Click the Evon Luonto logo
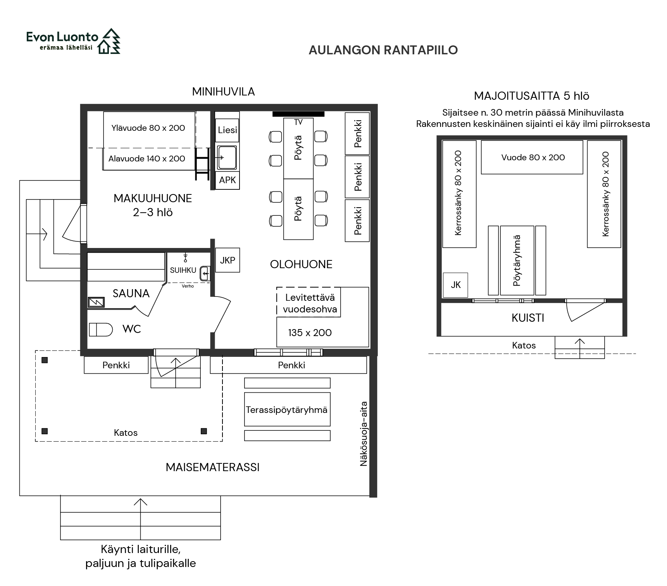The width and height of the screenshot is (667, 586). (x=73, y=41)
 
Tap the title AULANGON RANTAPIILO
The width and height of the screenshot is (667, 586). (x=383, y=50)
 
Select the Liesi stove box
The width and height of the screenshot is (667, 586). (x=227, y=130)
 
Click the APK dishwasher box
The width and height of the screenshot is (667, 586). (x=227, y=180)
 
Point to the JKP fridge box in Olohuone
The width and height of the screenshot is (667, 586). (x=227, y=260)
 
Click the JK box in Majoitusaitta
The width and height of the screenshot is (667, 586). (x=455, y=285)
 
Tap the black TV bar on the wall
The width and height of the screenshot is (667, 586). (x=298, y=114)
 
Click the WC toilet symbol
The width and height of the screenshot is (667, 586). (x=101, y=329)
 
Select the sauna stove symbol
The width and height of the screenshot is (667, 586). (x=96, y=302)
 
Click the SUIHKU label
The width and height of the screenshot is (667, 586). (x=183, y=270)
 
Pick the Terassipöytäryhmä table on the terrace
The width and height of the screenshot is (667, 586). (x=287, y=409)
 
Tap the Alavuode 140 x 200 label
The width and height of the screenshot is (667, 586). (x=146, y=158)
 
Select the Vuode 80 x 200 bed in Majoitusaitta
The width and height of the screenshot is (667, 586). (x=532, y=157)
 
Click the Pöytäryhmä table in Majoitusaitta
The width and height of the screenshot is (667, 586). (x=517, y=260)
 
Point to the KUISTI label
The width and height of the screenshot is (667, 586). (x=528, y=318)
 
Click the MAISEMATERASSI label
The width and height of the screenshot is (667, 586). (x=212, y=467)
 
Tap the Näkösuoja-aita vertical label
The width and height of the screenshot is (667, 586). (x=363, y=433)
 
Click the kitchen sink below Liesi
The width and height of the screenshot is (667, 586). (x=227, y=158)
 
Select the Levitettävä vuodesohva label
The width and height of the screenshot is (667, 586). (x=310, y=303)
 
